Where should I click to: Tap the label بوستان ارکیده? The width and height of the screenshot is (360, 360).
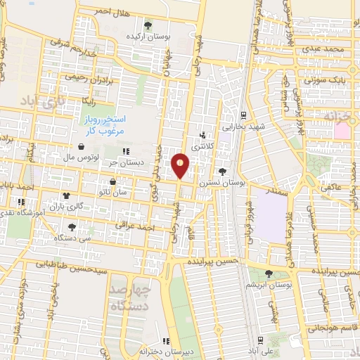[x=145, y=35]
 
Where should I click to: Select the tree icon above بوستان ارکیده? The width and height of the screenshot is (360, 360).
[x=146, y=25]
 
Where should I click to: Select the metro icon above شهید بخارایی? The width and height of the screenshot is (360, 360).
[x=243, y=115]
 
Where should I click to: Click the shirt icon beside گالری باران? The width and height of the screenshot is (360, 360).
[x=66, y=196]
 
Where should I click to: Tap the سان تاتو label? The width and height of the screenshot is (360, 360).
[x=112, y=191]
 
